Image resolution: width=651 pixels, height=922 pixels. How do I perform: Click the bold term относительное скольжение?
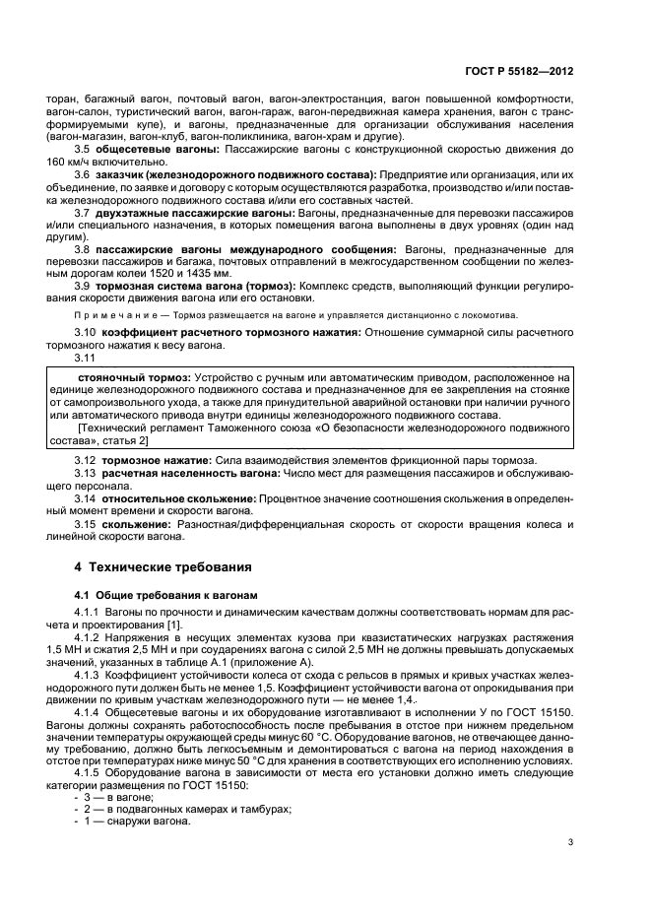tap(181, 499)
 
